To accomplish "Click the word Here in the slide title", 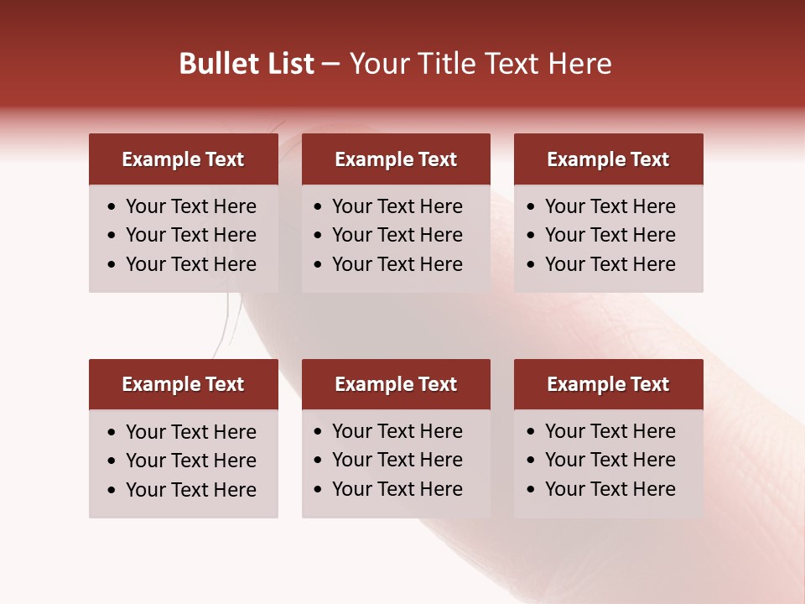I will point(579,64).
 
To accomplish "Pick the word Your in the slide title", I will point(376,64).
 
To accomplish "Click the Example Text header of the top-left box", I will point(183,159).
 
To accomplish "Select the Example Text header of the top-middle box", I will point(396,159).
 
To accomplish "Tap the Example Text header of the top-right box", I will point(608,159).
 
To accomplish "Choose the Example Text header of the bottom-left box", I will point(183,384).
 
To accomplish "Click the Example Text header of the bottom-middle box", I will point(396,384).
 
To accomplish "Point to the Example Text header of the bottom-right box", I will point(608,384).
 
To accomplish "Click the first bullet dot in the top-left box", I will point(112,207).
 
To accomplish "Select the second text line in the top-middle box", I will point(397,235).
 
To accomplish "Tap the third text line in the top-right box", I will point(610,264).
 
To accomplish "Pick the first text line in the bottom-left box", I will point(190,432).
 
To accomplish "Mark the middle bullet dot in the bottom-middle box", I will point(319,461).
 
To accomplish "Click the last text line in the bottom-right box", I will point(610,489).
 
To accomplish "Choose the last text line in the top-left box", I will point(190,264).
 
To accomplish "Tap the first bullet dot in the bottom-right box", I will point(532,432).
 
